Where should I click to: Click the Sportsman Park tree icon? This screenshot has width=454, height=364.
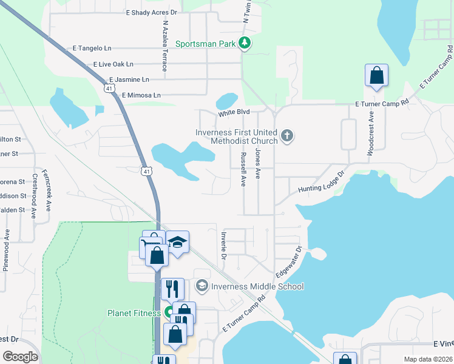[245, 43]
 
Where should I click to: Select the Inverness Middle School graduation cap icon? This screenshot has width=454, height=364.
[202, 286]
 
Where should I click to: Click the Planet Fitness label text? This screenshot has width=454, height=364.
[134, 313]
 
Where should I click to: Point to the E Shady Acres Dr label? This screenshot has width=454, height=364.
[152, 12]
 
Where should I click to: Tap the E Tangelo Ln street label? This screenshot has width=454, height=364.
[92, 48]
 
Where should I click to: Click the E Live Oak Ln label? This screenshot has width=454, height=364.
[113, 64]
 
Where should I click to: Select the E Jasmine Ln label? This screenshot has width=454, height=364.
[129, 79]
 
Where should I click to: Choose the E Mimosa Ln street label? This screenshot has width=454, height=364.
[141, 95]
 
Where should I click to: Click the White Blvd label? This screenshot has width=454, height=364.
[235, 113]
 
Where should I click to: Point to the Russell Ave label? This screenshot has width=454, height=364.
[243, 169]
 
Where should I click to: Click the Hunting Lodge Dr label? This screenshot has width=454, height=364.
[321, 182]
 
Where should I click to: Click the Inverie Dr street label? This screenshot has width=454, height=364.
[224, 245]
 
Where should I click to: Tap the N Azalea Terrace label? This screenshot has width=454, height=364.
[164, 44]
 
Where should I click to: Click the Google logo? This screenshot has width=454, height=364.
[20, 357]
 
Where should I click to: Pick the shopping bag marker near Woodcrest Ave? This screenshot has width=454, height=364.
[376, 76]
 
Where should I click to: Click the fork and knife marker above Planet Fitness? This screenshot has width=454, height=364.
[172, 288]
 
